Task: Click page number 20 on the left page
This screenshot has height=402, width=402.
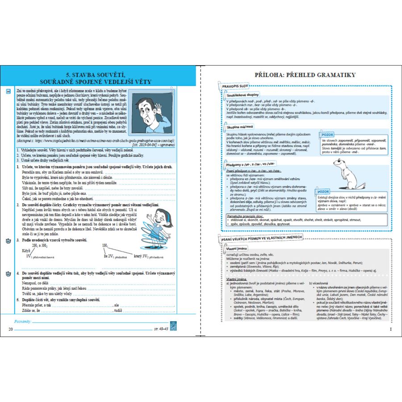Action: (x=11, y=330)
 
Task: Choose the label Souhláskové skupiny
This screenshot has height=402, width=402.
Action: (x=243, y=95)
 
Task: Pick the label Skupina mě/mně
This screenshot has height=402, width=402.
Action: (x=239, y=127)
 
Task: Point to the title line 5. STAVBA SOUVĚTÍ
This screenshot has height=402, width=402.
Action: (x=100, y=74)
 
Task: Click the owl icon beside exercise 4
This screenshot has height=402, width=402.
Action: (x=8, y=273)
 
